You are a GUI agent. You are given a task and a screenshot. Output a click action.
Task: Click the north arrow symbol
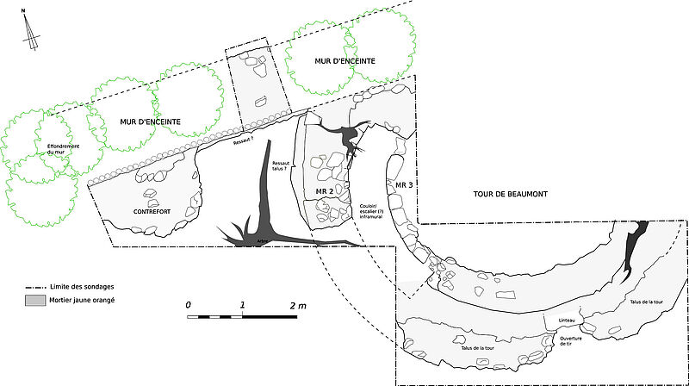[32, 32]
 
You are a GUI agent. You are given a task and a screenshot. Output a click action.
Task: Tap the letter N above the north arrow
[25, 10]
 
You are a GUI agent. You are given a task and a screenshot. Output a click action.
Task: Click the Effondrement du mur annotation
[64, 149]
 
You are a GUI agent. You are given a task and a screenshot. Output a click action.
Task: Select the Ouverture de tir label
[572, 341]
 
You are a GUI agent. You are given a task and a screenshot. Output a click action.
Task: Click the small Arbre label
[264, 240]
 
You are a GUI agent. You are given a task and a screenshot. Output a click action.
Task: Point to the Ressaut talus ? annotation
[282, 165]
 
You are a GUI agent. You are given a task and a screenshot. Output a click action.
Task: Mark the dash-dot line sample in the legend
[35, 286]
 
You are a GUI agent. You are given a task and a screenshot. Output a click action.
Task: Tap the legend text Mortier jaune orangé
[84, 300]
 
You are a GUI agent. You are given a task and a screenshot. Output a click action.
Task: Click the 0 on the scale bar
[188, 306]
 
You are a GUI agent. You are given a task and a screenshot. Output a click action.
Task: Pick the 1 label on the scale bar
[242, 306]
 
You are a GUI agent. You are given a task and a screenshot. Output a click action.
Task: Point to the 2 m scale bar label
[298, 306]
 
